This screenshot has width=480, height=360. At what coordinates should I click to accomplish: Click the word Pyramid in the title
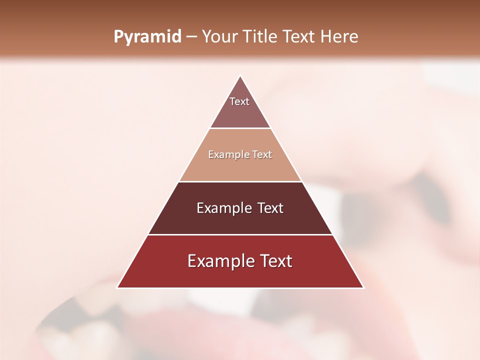(x=147, y=37)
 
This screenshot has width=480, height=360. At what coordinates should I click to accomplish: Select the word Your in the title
(x=219, y=36)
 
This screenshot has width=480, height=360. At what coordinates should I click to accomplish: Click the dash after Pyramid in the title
(x=191, y=37)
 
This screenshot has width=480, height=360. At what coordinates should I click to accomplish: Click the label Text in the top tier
(x=239, y=101)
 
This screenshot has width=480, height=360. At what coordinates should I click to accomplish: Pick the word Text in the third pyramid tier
(x=270, y=208)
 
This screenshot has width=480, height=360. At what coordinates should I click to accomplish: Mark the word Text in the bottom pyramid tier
(x=274, y=261)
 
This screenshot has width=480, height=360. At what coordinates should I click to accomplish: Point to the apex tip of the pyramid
(x=240, y=76)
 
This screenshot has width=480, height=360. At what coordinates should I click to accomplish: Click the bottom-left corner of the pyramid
(x=117, y=287)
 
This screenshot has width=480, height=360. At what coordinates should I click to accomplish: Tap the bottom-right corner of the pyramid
(x=363, y=287)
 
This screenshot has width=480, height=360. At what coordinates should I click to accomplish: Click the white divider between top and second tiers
(x=240, y=128)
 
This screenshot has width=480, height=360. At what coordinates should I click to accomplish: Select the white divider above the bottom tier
(x=240, y=234)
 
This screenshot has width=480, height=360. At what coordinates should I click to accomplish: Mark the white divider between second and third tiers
(x=240, y=181)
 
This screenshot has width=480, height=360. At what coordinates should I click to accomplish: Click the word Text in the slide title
(x=300, y=36)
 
